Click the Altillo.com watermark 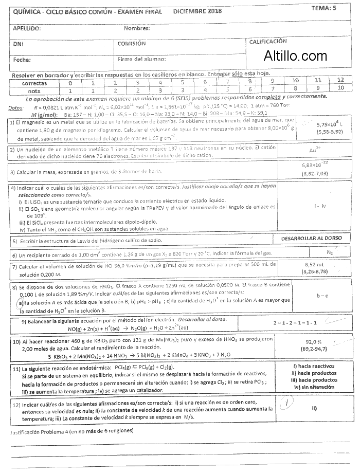(295, 56)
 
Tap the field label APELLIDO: (27, 28)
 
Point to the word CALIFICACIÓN (268, 41)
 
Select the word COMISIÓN (132, 44)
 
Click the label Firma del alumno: (141, 60)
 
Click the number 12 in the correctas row (340, 80)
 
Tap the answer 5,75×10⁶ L (330, 124)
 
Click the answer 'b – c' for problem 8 (322, 295)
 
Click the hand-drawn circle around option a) (20, 303)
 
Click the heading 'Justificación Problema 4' (72, 431)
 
